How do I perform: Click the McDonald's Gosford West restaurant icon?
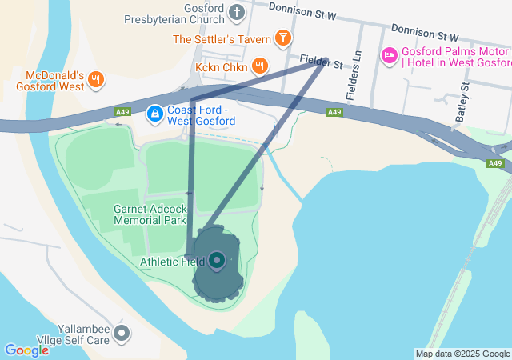coord(95,78)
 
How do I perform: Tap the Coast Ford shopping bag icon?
coord(153,115)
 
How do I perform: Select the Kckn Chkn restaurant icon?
coord(258,66)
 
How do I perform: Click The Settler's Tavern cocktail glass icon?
coord(282,38)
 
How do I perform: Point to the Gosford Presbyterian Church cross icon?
coord(236,12)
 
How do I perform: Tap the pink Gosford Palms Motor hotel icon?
coord(389,54)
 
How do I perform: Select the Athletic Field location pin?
coord(217,260)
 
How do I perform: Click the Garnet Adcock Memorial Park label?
coord(150,214)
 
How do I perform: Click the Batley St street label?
coord(461,107)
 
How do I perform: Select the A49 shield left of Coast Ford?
coord(122,113)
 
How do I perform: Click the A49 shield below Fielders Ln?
coord(334,113)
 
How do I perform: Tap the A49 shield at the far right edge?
coord(496,163)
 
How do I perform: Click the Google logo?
coord(26,350)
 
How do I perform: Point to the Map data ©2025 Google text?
coord(462,354)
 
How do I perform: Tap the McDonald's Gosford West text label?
coord(50,81)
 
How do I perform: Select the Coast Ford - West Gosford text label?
coord(201,115)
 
